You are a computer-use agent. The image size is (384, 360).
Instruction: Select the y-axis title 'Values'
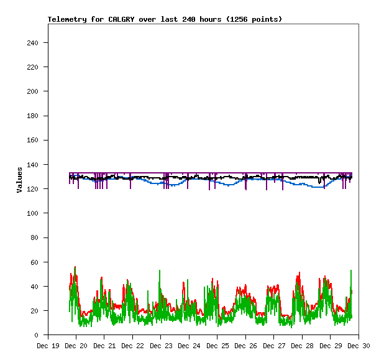[x=20, y=180]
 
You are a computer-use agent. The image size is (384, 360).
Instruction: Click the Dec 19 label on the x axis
[x=48, y=346]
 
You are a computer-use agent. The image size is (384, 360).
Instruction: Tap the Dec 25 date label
[x=217, y=346]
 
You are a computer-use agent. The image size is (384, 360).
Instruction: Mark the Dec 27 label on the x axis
[x=274, y=346]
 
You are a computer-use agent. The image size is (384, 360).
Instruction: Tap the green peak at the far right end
[x=351, y=270]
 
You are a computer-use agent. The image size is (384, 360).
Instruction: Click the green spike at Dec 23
[x=160, y=271]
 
